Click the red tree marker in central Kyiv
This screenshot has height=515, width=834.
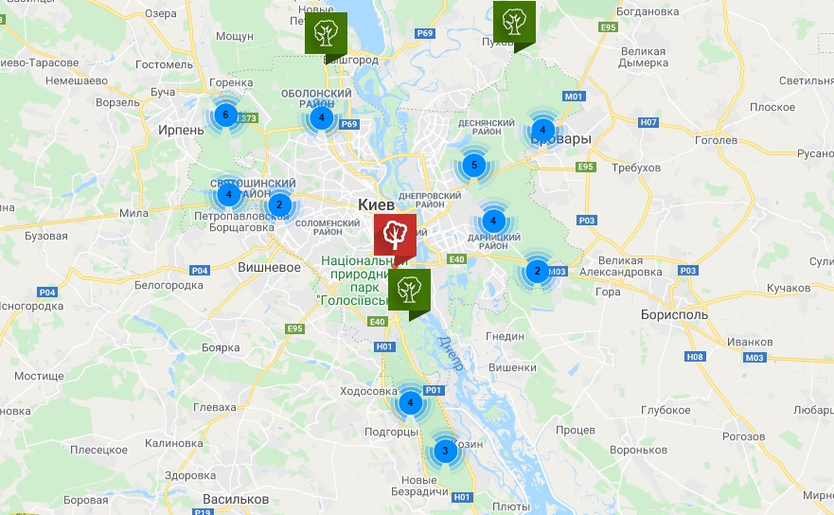[x=395, y=234]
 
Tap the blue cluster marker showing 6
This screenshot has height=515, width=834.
[x=224, y=115]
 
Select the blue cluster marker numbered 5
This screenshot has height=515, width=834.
[x=474, y=166]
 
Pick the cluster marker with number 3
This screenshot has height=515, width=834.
[x=444, y=451]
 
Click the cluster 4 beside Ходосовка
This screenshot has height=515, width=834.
[x=410, y=402]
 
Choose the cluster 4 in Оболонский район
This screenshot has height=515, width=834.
[x=322, y=118]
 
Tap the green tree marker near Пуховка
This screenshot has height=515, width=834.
[x=514, y=21]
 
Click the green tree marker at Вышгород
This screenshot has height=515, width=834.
[x=326, y=32]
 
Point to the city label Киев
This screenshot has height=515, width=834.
[x=377, y=204]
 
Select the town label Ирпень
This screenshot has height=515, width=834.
[x=181, y=130]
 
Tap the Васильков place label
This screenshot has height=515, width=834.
[x=237, y=499]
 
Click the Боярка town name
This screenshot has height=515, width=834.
[x=220, y=347]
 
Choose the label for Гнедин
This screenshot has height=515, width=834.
[x=504, y=336]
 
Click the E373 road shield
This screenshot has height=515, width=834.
[x=247, y=118]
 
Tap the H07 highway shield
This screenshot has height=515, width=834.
[x=648, y=122]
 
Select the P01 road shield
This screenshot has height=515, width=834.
[x=434, y=390]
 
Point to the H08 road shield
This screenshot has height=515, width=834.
[x=695, y=356]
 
